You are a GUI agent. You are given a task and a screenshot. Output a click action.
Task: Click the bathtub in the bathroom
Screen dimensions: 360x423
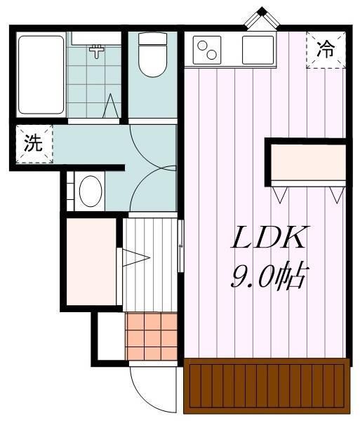point(41,75)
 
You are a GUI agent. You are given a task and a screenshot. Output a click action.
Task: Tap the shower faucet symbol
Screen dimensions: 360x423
point(96,51)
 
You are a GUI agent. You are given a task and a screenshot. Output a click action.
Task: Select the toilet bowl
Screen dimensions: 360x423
point(152,55)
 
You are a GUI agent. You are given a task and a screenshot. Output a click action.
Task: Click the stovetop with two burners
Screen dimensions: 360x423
point(207,51)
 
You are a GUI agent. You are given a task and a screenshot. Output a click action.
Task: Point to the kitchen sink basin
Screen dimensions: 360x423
point(258,51)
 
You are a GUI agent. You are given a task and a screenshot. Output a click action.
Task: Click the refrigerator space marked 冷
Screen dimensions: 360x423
point(326,50)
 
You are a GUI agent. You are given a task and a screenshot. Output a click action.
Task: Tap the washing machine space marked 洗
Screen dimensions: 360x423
point(34,144)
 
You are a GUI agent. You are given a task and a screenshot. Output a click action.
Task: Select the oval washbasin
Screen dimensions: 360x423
point(91,191)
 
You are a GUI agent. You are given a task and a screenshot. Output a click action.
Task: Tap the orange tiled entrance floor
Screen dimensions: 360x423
point(152,336)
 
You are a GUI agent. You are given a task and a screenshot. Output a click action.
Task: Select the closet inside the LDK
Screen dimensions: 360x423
point(308,163)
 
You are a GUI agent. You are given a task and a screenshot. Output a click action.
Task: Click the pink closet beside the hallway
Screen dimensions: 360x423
point(91,262)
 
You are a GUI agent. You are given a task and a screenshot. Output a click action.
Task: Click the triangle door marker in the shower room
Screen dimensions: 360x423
point(111,106)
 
